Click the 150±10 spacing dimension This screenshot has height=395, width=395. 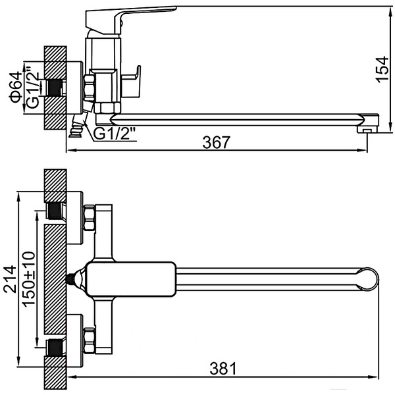coord(28,280)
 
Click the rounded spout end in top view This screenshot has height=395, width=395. coord(369,280)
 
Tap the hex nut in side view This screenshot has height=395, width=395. coord(90,88)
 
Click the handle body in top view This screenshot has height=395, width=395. coord(132,278)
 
